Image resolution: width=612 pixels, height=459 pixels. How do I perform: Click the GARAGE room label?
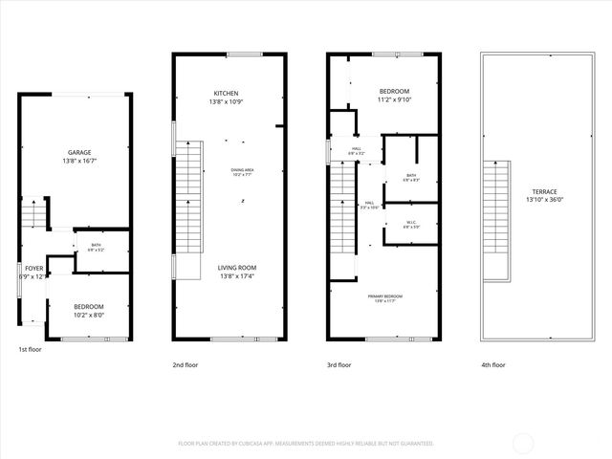[x=78, y=153]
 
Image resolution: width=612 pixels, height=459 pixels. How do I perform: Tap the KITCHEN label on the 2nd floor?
[x=226, y=93]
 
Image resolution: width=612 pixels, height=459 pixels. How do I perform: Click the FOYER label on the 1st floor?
[x=33, y=269]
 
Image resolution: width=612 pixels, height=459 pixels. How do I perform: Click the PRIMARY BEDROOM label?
[x=385, y=296]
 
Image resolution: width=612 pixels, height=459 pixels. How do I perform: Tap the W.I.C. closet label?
[x=411, y=223]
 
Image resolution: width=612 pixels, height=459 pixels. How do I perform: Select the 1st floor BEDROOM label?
[x=89, y=306]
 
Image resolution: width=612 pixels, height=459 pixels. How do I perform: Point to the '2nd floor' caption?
[x=185, y=364]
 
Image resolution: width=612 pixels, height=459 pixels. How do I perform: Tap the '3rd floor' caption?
[x=339, y=364]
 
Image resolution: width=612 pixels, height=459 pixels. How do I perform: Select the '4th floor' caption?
[x=493, y=364]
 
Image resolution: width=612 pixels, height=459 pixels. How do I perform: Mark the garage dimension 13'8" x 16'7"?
[x=78, y=162]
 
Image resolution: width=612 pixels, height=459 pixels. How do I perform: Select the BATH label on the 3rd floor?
[x=410, y=175]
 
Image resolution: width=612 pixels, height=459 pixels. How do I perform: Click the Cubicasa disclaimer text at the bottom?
[x=306, y=444]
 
